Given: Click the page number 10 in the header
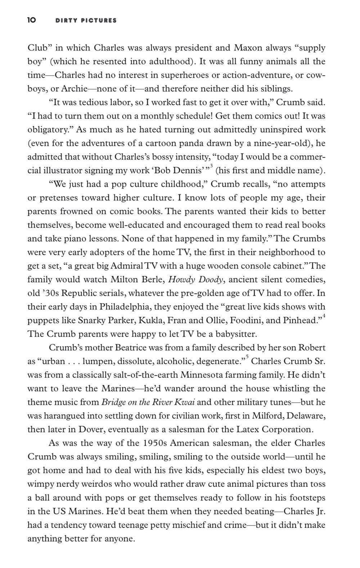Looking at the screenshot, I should [x=32, y=21].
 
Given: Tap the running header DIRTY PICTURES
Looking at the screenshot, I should [x=86, y=21].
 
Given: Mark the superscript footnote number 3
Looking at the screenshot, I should [x=212, y=166].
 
